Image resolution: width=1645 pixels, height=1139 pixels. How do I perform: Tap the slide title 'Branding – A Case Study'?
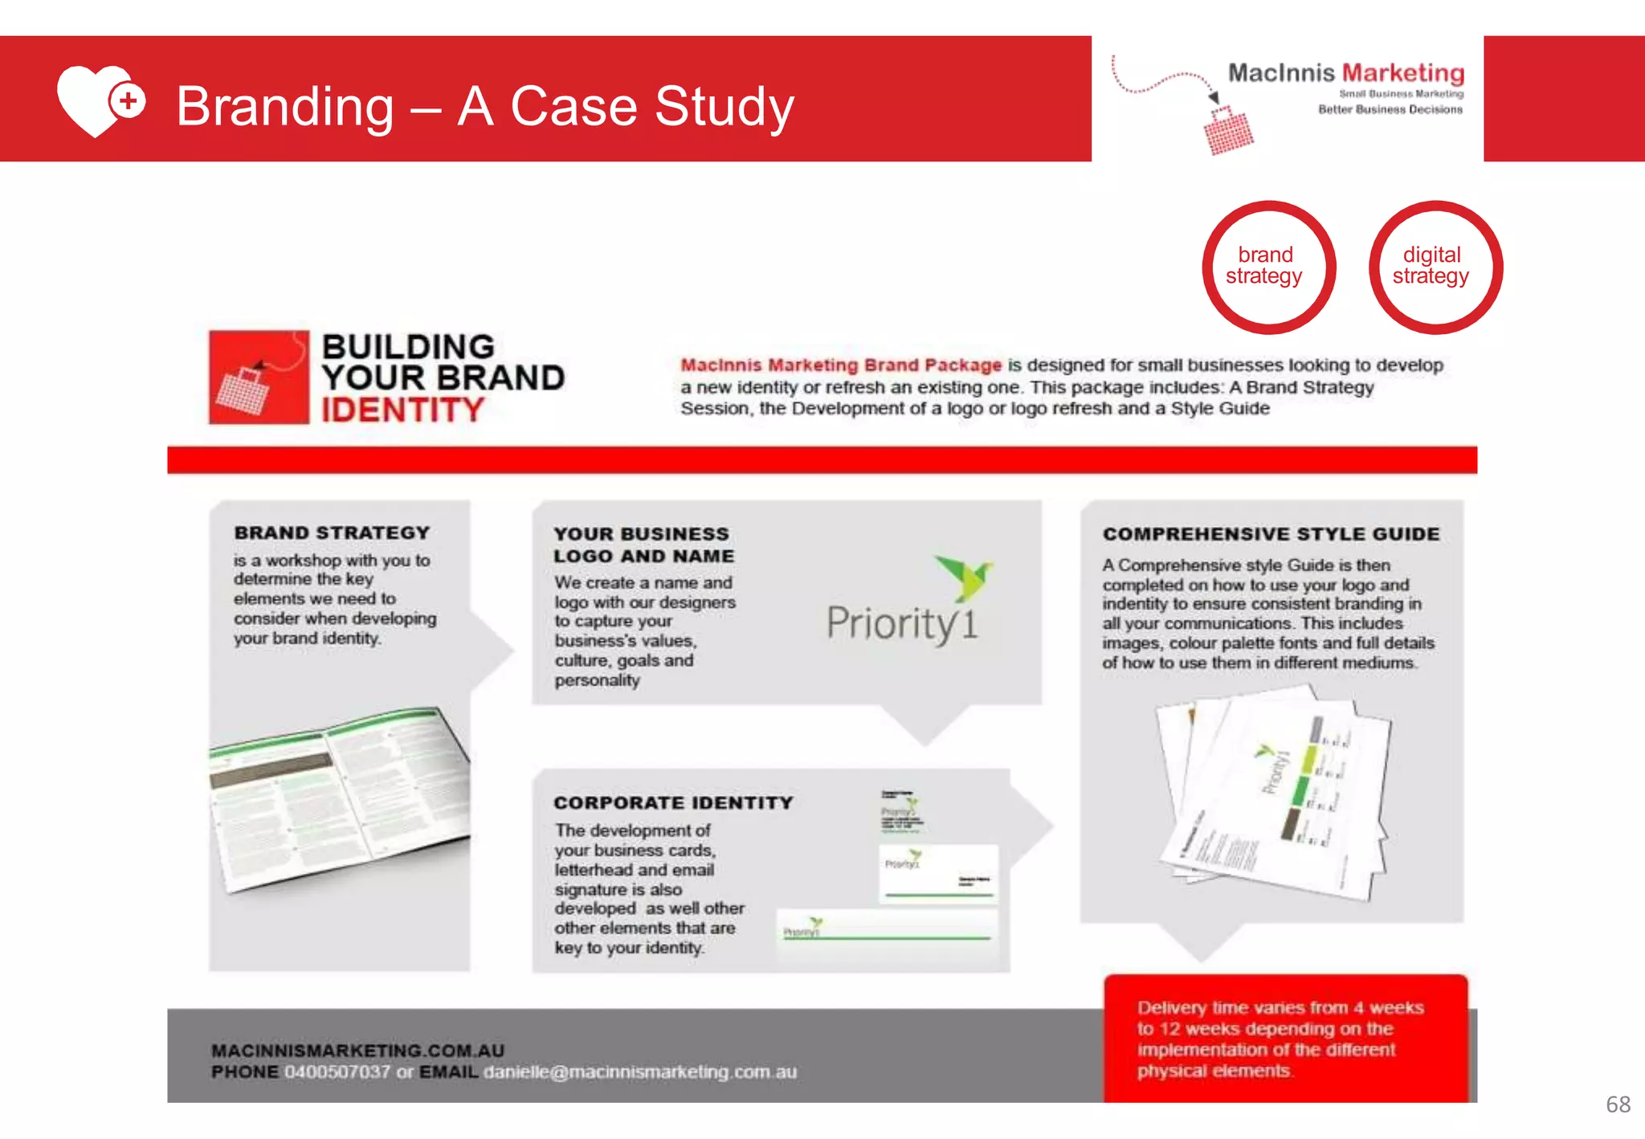[484, 106]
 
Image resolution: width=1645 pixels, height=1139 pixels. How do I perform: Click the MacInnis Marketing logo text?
[1345, 73]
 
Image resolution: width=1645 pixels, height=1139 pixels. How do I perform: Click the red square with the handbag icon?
[258, 378]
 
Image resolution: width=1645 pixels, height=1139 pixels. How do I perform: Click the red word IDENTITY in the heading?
[402, 410]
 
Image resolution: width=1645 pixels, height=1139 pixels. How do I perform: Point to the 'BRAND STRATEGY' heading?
[332, 533]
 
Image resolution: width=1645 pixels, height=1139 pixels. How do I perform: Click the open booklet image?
[339, 799]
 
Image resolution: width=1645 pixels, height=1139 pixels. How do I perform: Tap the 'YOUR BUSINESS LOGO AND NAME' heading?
[643, 545]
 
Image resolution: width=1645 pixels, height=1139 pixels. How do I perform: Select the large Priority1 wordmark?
[901, 624]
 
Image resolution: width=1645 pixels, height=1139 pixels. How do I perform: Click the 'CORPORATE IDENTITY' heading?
[672, 802]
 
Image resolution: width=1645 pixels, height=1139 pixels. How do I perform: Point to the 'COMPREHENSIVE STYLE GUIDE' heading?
[1271, 534]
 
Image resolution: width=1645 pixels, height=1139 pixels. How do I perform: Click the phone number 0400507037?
[337, 1072]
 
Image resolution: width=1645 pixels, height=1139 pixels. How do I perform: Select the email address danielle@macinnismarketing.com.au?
[639, 1072]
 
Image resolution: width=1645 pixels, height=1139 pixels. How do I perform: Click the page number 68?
[1617, 1104]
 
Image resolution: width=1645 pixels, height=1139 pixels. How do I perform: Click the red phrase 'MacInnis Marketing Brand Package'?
[840, 365]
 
